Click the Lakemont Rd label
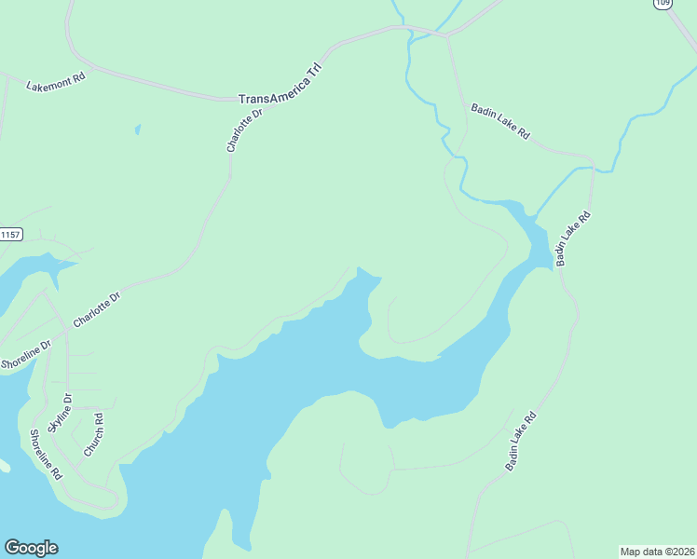coord(56,80)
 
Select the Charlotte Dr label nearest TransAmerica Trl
coord(245,130)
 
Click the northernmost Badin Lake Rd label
coord(499,121)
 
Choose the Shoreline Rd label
coord(45,454)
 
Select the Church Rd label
coord(93,434)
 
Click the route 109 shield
coord(662,4)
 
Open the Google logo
coord(31,548)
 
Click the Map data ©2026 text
coord(657,551)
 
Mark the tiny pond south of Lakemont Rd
coord(137,130)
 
